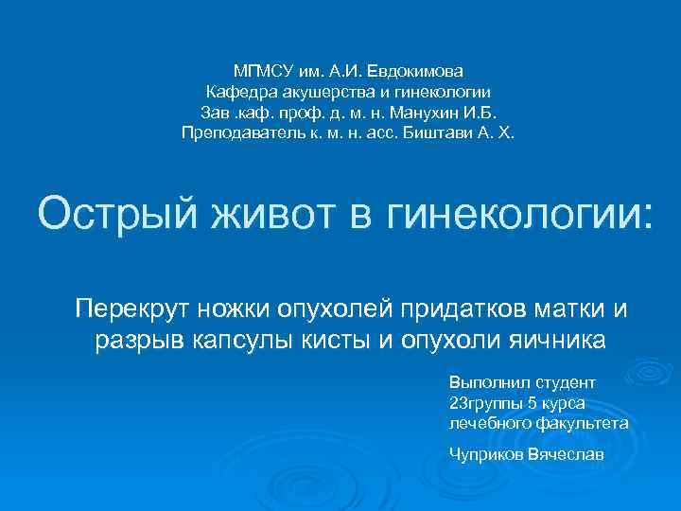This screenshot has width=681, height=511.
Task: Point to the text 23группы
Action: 486,403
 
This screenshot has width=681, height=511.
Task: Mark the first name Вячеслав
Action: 569,454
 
